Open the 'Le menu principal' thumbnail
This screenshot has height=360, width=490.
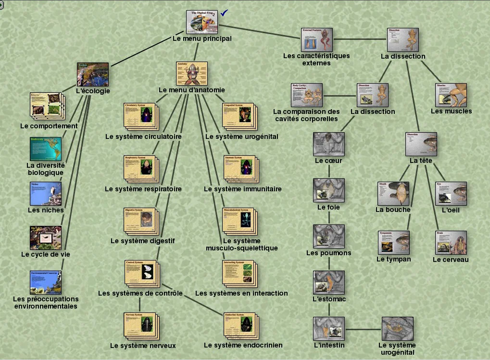[x=202, y=22]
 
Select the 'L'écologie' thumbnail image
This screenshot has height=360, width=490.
[x=93, y=74]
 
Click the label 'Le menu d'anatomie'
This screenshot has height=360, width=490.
[x=191, y=90]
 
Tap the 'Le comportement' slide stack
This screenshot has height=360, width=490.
[x=46, y=106]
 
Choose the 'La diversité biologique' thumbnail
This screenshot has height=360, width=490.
[x=46, y=149]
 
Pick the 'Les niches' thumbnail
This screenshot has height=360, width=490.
[x=46, y=193]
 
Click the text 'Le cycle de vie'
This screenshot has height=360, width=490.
[x=46, y=254]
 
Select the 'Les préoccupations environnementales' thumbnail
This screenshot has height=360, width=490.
[x=46, y=282]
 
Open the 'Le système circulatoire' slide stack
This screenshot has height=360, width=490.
[x=140, y=116]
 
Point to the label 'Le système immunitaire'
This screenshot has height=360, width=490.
[x=242, y=189]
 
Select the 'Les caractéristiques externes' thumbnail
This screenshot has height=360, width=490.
[x=316, y=39]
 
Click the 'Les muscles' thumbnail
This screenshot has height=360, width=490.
[x=451, y=95]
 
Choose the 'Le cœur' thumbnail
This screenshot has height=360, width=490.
[x=328, y=144]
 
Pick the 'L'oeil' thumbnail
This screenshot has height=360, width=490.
[x=451, y=193]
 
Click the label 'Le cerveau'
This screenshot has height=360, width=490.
[x=451, y=260]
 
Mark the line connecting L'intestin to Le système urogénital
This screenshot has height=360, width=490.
[x=363, y=329]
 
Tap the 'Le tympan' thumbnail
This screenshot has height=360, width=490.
[x=393, y=243]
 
